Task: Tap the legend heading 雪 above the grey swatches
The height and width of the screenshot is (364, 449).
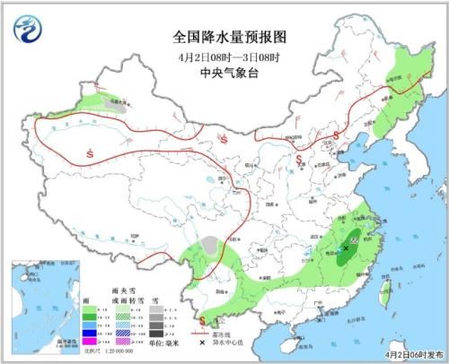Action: pyautogui.click(x=154, y=292)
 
